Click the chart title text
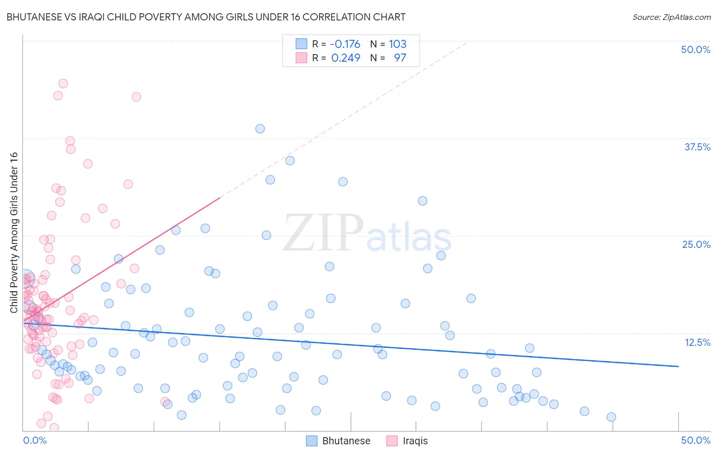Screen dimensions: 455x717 coord(206,17)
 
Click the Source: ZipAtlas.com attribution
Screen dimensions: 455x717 coord(671,17)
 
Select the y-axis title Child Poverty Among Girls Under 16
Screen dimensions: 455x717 coord(14,233)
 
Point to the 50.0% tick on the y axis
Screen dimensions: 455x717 coord(696,49)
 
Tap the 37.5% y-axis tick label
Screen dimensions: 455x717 coord(697,147)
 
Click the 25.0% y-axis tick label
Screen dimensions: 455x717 coord(696,244)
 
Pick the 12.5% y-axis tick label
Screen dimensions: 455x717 coord(697,342)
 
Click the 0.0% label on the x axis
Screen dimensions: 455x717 coord(35,440)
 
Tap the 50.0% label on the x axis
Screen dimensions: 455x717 coord(696,440)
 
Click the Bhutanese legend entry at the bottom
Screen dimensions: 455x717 coord(339,441)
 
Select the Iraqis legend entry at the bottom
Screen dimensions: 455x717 coord(407,441)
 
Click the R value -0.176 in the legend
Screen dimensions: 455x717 coord(345,44)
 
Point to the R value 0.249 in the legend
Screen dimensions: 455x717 coord(346,58)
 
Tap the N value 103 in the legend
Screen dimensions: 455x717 coord(397,44)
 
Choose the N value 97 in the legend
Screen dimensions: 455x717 coord(400,58)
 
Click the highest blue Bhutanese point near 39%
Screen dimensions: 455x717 coord(260,129)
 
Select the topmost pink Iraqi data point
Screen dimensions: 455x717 coord(63,83)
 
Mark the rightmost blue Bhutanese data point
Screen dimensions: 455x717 coord(611,417)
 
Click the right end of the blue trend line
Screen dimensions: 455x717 coord(678,366)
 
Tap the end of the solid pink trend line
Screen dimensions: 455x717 coord(220,197)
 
